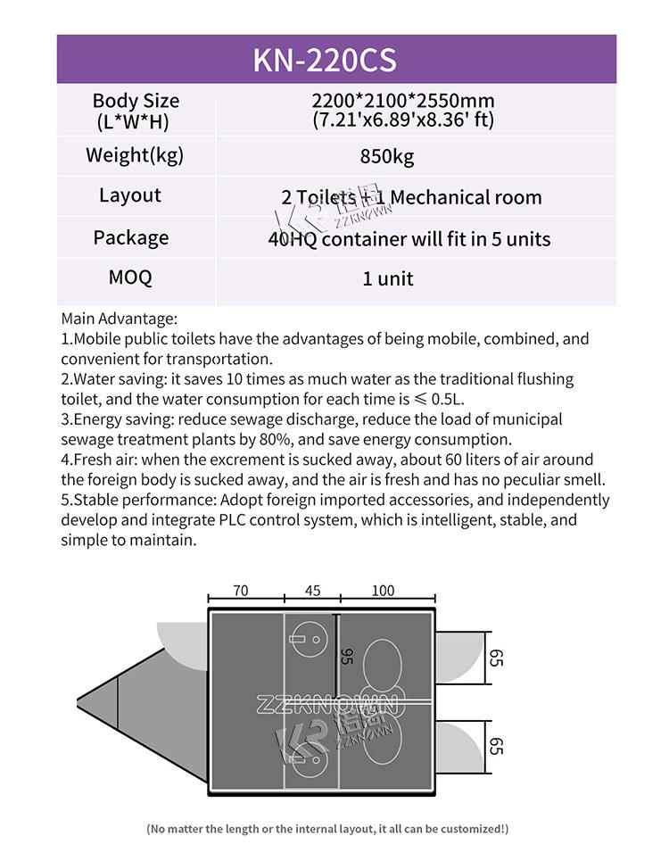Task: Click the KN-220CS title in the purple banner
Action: [324, 60]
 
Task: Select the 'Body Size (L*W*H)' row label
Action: [136, 111]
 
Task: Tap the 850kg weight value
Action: [387, 157]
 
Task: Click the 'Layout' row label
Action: [130, 195]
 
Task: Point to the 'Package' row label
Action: [130, 237]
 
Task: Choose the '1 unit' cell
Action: [387, 278]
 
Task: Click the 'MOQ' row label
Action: [130, 277]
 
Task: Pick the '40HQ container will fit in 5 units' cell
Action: [409, 239]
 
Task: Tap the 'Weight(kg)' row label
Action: [135, 154]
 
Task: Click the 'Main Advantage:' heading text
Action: [120, 319]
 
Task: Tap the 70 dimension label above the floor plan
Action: [240, 591]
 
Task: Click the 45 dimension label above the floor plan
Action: [312, 591]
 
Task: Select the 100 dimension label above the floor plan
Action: [383, 591]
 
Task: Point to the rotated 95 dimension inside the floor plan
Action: [347, 657]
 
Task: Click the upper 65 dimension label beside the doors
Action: [497, 658]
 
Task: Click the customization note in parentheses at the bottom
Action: [327, 829]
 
